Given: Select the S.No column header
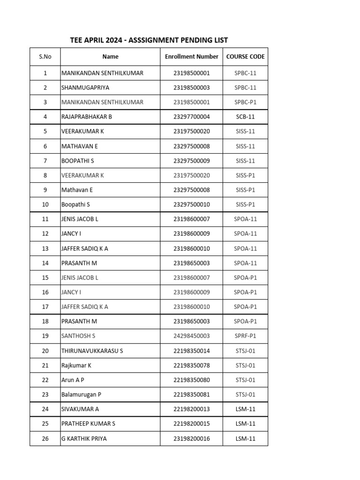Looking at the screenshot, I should [x=45, y=57].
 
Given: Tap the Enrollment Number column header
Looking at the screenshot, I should [x=191, y=57].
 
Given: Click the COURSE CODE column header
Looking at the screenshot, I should [x=245, y=57].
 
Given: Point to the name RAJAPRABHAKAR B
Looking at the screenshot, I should [x=87, y=117].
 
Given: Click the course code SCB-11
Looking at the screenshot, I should [x=245, y=117].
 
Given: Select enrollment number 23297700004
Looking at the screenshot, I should [x=191, y=117].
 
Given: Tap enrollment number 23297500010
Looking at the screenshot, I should [x=191, y=204].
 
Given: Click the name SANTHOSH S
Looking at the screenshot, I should [x=78, y=336].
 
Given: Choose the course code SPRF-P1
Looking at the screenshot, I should [x=245, y=336].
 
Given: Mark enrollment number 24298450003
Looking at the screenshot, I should [x=191, y=336].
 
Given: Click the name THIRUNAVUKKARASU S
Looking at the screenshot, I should [x=92, y=351].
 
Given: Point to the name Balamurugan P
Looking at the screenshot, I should [x=81, y=395].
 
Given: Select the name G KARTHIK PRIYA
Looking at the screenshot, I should [x=84, y=439].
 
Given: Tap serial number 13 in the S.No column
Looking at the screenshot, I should [x=45, y=248].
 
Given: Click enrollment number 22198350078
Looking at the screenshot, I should [x=191, y=365].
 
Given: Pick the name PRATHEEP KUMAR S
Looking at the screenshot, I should [x=88, y=424].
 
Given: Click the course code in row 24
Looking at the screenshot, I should [x=245, y=409].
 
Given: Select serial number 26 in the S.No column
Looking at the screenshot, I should [x=45, y=439].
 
